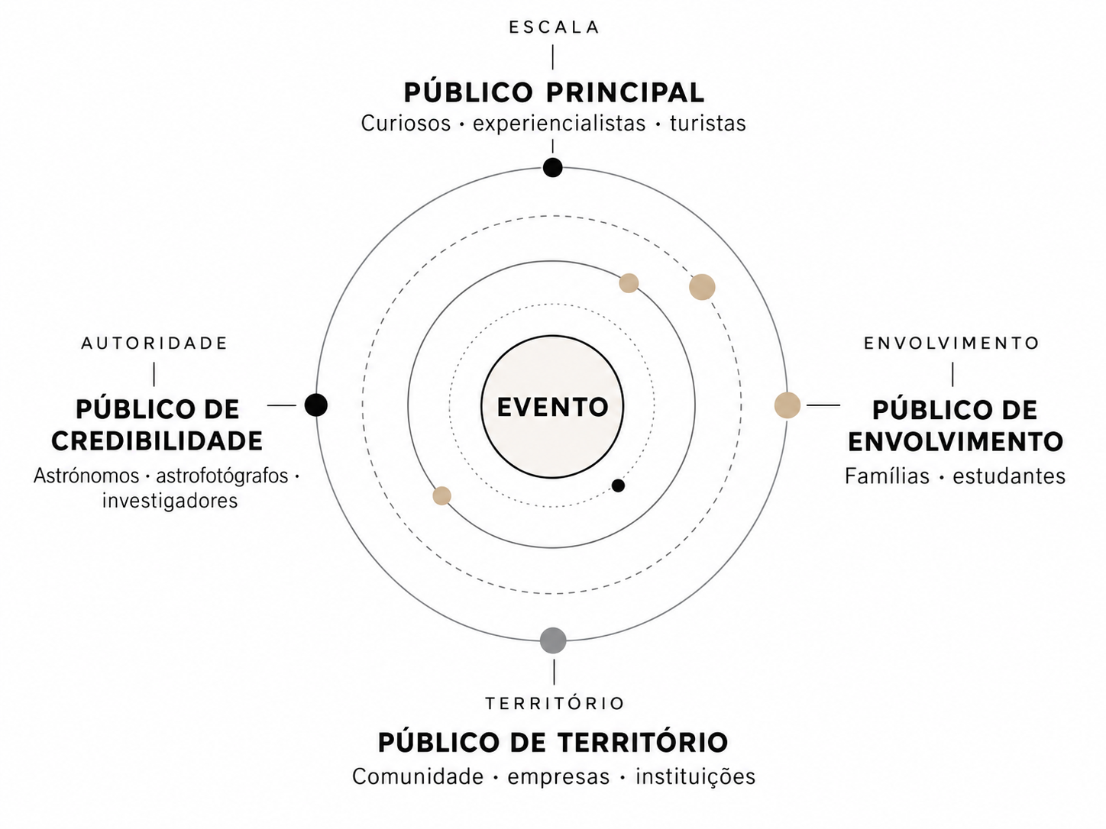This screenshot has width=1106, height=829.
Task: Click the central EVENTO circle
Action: (x=552, y=406)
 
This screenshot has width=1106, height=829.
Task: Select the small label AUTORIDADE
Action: (x=155, y=344)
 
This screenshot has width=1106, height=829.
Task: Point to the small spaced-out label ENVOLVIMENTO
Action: (x=952, y=344)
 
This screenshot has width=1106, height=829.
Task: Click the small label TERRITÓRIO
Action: (x=555, y=703)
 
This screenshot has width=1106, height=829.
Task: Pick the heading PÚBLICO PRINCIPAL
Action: (x=555, y=92)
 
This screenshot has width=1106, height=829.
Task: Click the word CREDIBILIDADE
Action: (x=157, y=441)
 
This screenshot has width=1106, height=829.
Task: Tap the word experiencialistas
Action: (x=559, y=124)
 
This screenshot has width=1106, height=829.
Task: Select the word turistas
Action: (x=708, y=124)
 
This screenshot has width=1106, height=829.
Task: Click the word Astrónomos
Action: (x=86, y=476)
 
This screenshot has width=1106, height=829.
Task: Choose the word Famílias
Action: (x=887, y=476)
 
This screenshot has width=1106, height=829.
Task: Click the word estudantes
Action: (x=1009, y=476)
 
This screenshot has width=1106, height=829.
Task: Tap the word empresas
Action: (x=558, y=776)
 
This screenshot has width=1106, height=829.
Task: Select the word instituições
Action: (x=695, y=776)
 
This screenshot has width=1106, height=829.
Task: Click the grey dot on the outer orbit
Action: (x=553, y=640)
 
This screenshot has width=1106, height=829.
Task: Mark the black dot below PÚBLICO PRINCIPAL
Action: (x=553, y=167)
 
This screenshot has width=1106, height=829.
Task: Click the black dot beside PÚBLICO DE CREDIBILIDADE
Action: (x=316, y=405)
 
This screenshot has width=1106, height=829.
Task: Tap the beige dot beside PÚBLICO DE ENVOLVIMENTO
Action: (x=787, y=405)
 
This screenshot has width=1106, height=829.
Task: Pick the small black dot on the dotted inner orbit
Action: (x=618, y=485)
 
